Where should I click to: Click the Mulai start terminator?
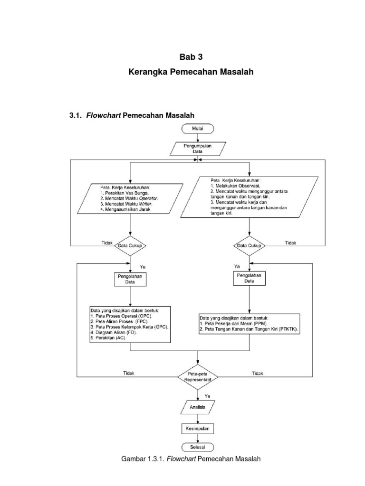pos(197,128)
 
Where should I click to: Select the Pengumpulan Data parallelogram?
pos(197,148)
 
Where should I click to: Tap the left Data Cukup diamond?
pos(130,245)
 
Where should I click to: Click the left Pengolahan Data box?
pos(130,279)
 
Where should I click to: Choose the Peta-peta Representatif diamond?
pos(198,377)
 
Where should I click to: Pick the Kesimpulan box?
pos(197,429)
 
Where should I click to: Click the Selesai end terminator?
pos(197,447)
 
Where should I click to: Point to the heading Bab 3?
pos(191,57)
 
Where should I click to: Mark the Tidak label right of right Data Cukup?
pos(290,243)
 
